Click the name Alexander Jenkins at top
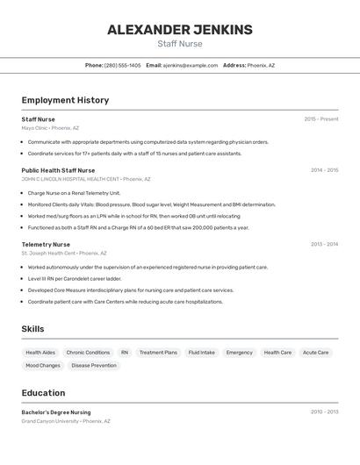[x=179, y=30]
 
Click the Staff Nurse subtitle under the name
[x=179, y=44]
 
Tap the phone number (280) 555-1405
[x=122, y=65]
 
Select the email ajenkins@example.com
[x=190, y=65]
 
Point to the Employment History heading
[x=65, y=100]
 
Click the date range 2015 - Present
[x=320, y=119]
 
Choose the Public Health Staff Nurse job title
[x=58, y=170]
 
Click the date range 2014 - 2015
[x=324, y=170]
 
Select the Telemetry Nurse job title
[x=46, y=245]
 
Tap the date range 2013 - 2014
[x=324, y=245]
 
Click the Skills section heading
[x=33, y=329]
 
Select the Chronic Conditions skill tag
[x=88, y=353]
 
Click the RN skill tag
[x=125, y=353]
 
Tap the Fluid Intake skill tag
[x=201, y=353]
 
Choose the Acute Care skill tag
[x=316, y=353]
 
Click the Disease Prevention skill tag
[x=94, y=365]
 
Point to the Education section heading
[x=43, y=393]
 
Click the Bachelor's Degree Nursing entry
[x=56, y=411]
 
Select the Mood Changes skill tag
[x=43, y=365]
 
